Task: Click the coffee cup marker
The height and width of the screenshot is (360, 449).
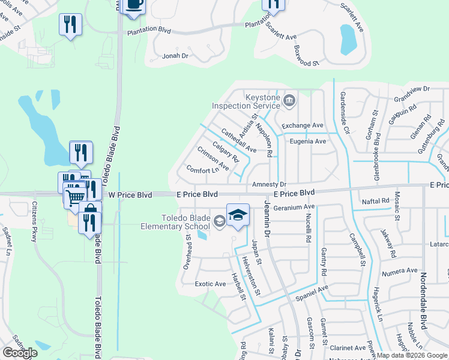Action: (x=132, y=5)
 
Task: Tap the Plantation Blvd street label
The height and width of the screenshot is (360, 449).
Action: (x=148, y=29)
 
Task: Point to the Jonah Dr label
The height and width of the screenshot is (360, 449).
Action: (x=175, y=56)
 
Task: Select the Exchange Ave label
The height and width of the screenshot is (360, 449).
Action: (x=303, y=125)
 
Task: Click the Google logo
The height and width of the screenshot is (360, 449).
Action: (x=20, y=352)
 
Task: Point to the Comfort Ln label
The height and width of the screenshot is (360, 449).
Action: (x=202, y=170)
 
